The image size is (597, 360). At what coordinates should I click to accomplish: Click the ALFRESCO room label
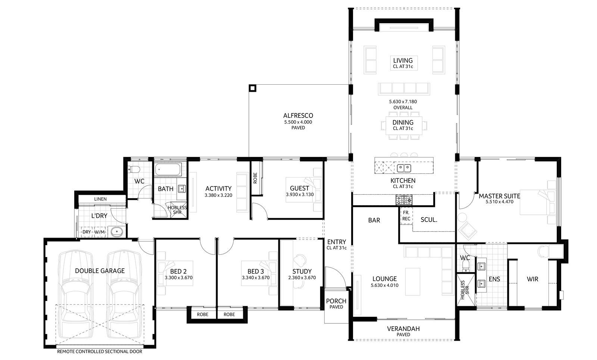298,116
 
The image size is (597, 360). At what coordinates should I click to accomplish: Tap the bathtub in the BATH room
168,170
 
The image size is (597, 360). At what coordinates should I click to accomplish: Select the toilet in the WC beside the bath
134,170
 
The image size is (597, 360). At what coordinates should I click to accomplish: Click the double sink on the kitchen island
404,168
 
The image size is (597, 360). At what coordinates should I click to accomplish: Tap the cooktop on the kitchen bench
404,201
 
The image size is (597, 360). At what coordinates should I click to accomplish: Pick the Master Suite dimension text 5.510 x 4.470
499,202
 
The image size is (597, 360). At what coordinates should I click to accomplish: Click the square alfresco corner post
253,88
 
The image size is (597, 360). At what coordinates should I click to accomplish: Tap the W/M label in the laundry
100,232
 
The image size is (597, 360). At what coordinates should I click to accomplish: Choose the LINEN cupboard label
100,199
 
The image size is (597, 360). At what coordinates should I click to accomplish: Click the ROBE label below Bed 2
203,314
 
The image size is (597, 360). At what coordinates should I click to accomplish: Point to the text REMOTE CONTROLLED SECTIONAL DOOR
99,351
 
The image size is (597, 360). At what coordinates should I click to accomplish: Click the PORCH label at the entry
336,301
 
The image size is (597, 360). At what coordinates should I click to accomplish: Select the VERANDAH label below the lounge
403,329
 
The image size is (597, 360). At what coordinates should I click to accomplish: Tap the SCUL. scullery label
429,220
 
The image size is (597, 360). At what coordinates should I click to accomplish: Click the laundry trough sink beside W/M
117,232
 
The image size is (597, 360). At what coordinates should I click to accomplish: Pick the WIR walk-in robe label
532,279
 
